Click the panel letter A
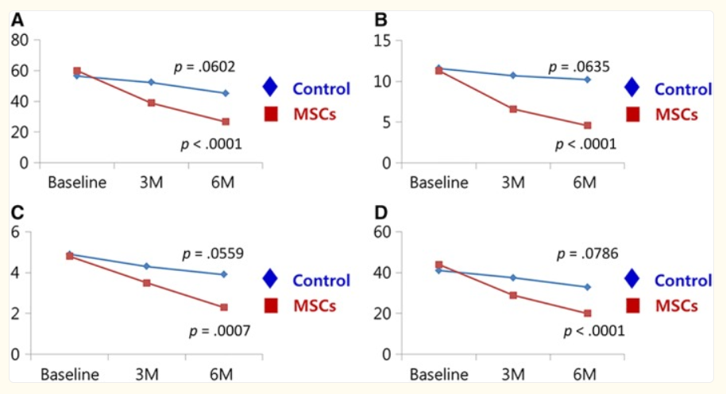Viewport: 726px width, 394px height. pyautogui.click(x=17, y=20)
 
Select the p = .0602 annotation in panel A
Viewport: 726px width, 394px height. pyautogui.click(x=205, y=66)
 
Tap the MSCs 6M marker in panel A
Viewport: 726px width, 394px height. pyautogui.click(x=226, y=122)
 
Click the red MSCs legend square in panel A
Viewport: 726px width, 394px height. pyautogui.click(x=270, y=114)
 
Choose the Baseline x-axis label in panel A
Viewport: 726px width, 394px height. pyautogui.click(x=77, y=182)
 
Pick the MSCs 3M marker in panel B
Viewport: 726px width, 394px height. pyautogui.click(x=513, y=109)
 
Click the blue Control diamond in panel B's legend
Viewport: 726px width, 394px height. pyautogui.click(x=632, y=87)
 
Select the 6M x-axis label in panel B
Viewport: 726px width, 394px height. pyautogui.click(x=585, y=182)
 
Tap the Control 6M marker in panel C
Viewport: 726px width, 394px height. pyautogui.click(x=224, y=274)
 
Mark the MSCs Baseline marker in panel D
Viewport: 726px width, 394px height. pyautogui.click(x=438, y=265)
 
